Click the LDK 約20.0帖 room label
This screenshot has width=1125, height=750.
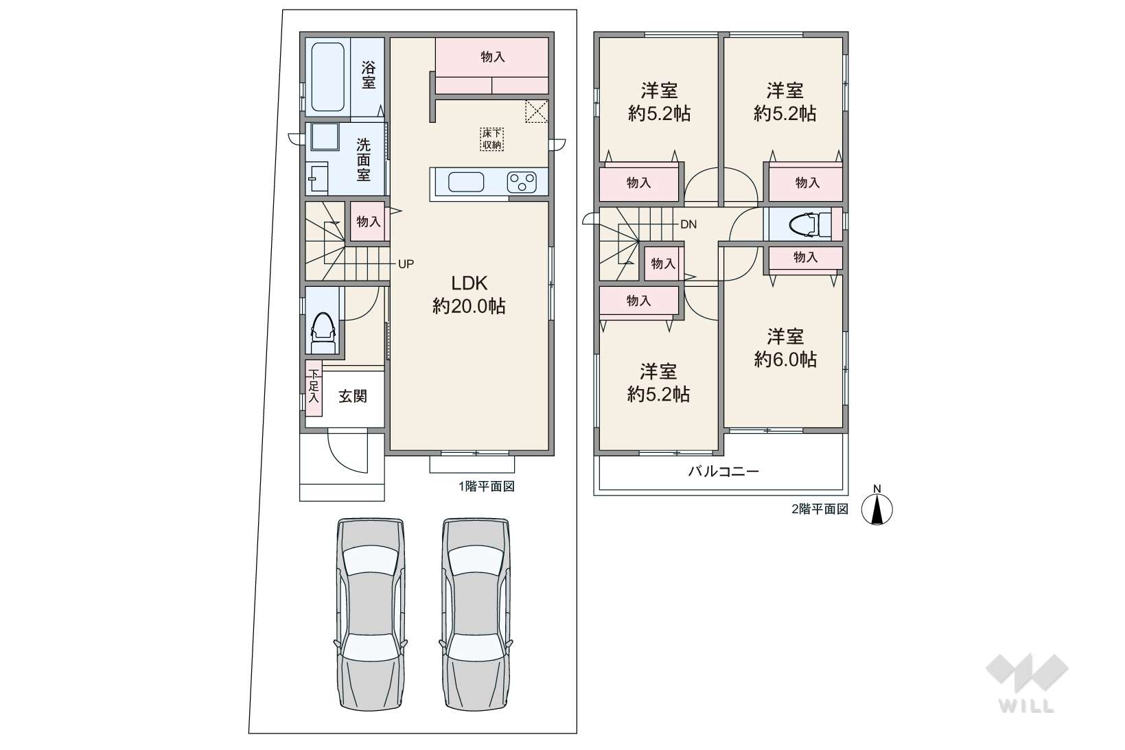coord(469,294)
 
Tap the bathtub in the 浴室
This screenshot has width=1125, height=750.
coord(328,77)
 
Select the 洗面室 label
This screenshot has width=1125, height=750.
coord(363,160)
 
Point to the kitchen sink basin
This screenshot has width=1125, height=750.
coord(466,183)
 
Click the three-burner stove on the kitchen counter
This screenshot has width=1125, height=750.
coord(522,183)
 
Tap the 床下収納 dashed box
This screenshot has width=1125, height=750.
coord(491,139)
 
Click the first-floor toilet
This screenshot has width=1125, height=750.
coord(323,333)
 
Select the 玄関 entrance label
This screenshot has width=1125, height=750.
coord(353,397)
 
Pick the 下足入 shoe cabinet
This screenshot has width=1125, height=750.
coord(314,388)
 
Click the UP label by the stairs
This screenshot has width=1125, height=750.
coord(406,264)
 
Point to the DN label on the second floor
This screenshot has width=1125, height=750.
coord(688,224)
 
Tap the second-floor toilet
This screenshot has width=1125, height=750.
coord(810,224)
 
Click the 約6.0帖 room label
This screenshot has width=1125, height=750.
coord(785,359)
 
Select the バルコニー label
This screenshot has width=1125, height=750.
coord(723,471)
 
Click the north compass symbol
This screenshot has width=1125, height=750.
coord(877,509)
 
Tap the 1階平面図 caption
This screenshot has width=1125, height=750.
coord(486,486)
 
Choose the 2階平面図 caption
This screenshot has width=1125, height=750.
coord(820,509)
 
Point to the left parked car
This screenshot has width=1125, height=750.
coord(371,614)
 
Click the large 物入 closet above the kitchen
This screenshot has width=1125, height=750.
coord(491,66)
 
